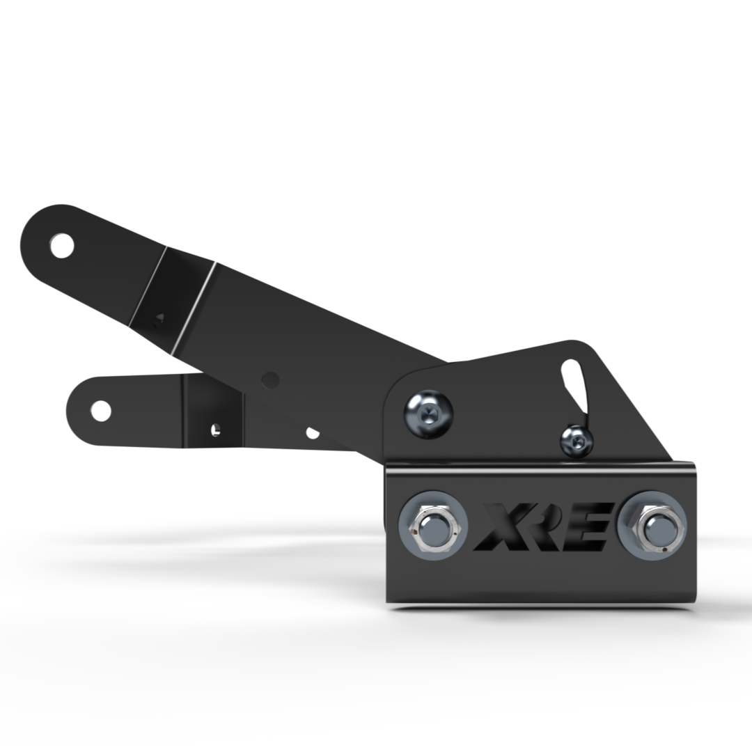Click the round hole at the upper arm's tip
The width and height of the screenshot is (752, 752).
pos(62,245)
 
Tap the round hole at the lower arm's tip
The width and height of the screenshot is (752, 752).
pos(100,411)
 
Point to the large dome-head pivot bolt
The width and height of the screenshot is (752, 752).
pos(428,413)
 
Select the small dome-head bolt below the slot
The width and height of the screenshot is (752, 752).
pos(577,440)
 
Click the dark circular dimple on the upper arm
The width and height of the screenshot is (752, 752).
pos(270,379)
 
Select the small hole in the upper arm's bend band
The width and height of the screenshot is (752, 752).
pos(159,318)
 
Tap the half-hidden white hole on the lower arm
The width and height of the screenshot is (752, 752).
pos(313,433)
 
